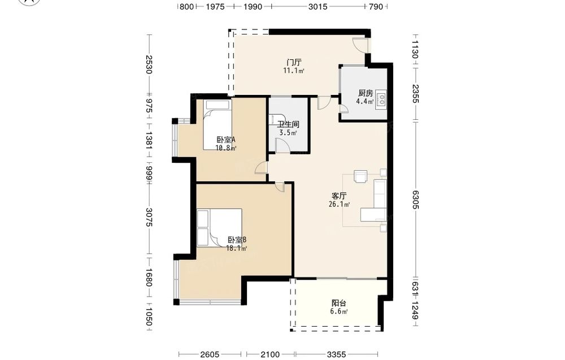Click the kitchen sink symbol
pyautogui.click(x=381, y=99)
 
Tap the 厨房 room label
pyautogui.click(x=366, y=94)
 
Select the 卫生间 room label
pyautogui.click(x=288, y=125)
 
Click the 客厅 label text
pyautogui.click(x=339, y=196)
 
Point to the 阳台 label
pyautogui.click(x=338, y=303)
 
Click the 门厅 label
pyautogui.click(x=294, y=62)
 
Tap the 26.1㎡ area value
pyautogui.click(x=339, y=205)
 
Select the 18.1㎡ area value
pyautogui.click(x=236, y=248)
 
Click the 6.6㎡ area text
pyautogui.click(x=338, y=312)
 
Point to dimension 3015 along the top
pyautogui.click(x=318, y=6)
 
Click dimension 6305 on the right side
pyautogui.click(x=415, y=199)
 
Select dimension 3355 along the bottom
pyautogui.click(x=336, y=354)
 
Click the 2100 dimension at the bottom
pyautogui.click(x=270, y=354)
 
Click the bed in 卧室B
pyautogui.click(x=219, y=228)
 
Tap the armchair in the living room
pyautogui.click(x=360, y=176)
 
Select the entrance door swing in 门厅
pyautogui.click(x=359, y=45)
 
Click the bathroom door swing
pyautogui.click(x=282, y=145)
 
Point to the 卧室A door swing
pyautogui.click(x=261, y=168)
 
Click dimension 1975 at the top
pyautogui.click(x=215, y=6)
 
